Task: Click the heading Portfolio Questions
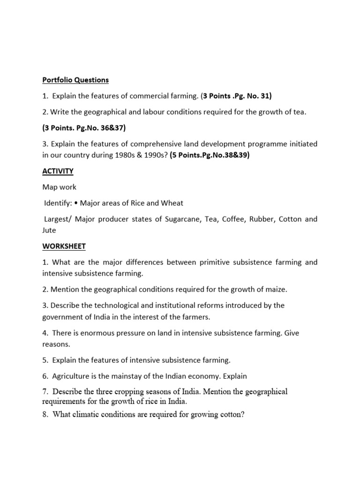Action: click(x=75, y=80)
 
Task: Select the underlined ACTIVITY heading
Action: click(x=58, y=171)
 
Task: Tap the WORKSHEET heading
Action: click(x=64, y=246)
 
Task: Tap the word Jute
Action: click(x=49, y=230)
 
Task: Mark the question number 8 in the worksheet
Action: click(x=45, y=414)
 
